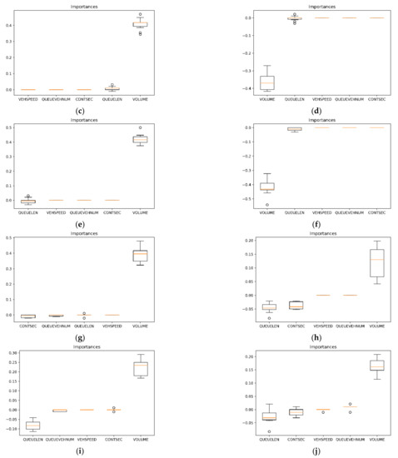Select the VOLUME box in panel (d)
coord(244,82)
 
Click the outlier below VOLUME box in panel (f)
coord(244,205)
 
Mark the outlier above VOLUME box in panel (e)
coord(169,128)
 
